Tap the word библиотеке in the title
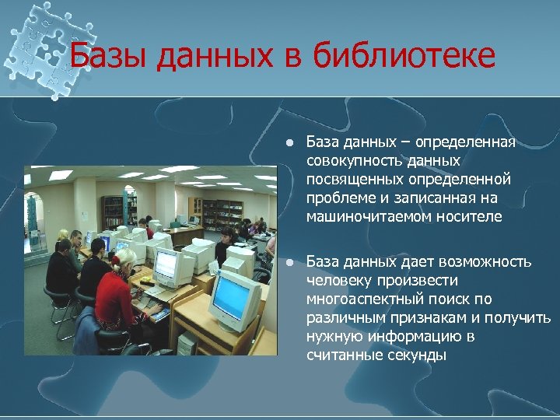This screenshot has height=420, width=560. (404, 57)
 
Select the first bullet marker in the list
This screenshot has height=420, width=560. (288, 143)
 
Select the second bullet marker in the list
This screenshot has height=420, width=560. (288, 262)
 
